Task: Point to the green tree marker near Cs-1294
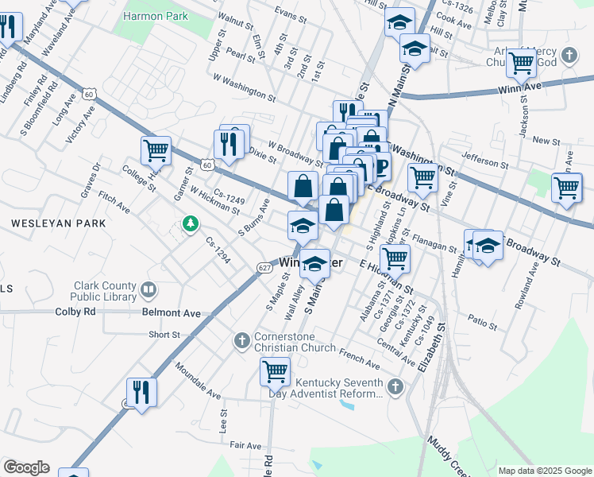point(190,225)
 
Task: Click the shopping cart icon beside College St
point(156,149)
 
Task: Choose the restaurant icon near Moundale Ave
point(141,391)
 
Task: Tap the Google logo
point(26,467)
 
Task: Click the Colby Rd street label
point(75,312)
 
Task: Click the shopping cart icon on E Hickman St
point(394,258)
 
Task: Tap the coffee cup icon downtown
point(381,167)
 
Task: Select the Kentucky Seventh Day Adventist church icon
point(395,386)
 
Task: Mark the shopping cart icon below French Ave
point(275,370)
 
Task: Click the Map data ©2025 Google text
point(544,471)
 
